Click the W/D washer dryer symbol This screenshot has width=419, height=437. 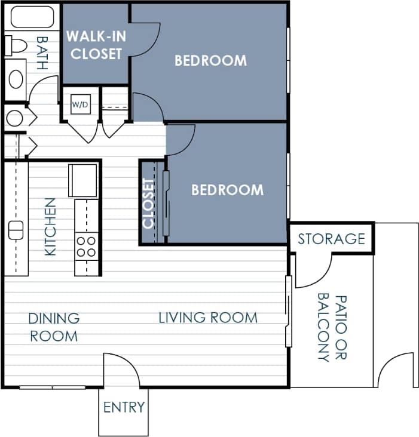[x=80, y=105]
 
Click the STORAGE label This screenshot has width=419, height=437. [x=331, y=239]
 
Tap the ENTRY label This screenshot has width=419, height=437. [x=124, y=408]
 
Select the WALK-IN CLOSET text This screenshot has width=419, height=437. [x=96, y=45]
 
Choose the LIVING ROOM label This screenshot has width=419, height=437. [x=208, y=317]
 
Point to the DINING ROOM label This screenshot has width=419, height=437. [x=54, y=327]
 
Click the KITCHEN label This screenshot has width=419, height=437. [x=50, y=227]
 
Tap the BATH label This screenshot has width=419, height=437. [x=42, y=53]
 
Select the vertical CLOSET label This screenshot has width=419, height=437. [x=149, y=203]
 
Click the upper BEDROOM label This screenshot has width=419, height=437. [x=210, y=60]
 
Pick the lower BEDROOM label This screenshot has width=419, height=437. [x=227, y=190]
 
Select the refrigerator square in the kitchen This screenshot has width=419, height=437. [x=82, y=180]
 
